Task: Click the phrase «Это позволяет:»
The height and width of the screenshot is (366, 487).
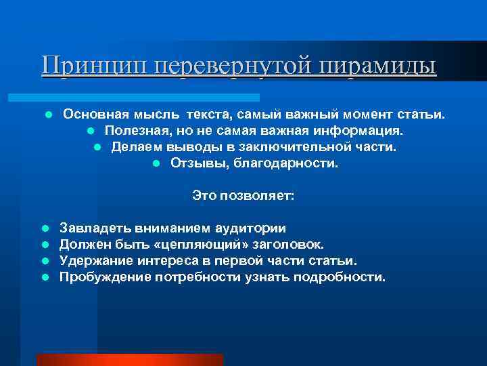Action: click(243, 196)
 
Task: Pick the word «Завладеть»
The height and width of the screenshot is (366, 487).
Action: click(94, 228)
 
